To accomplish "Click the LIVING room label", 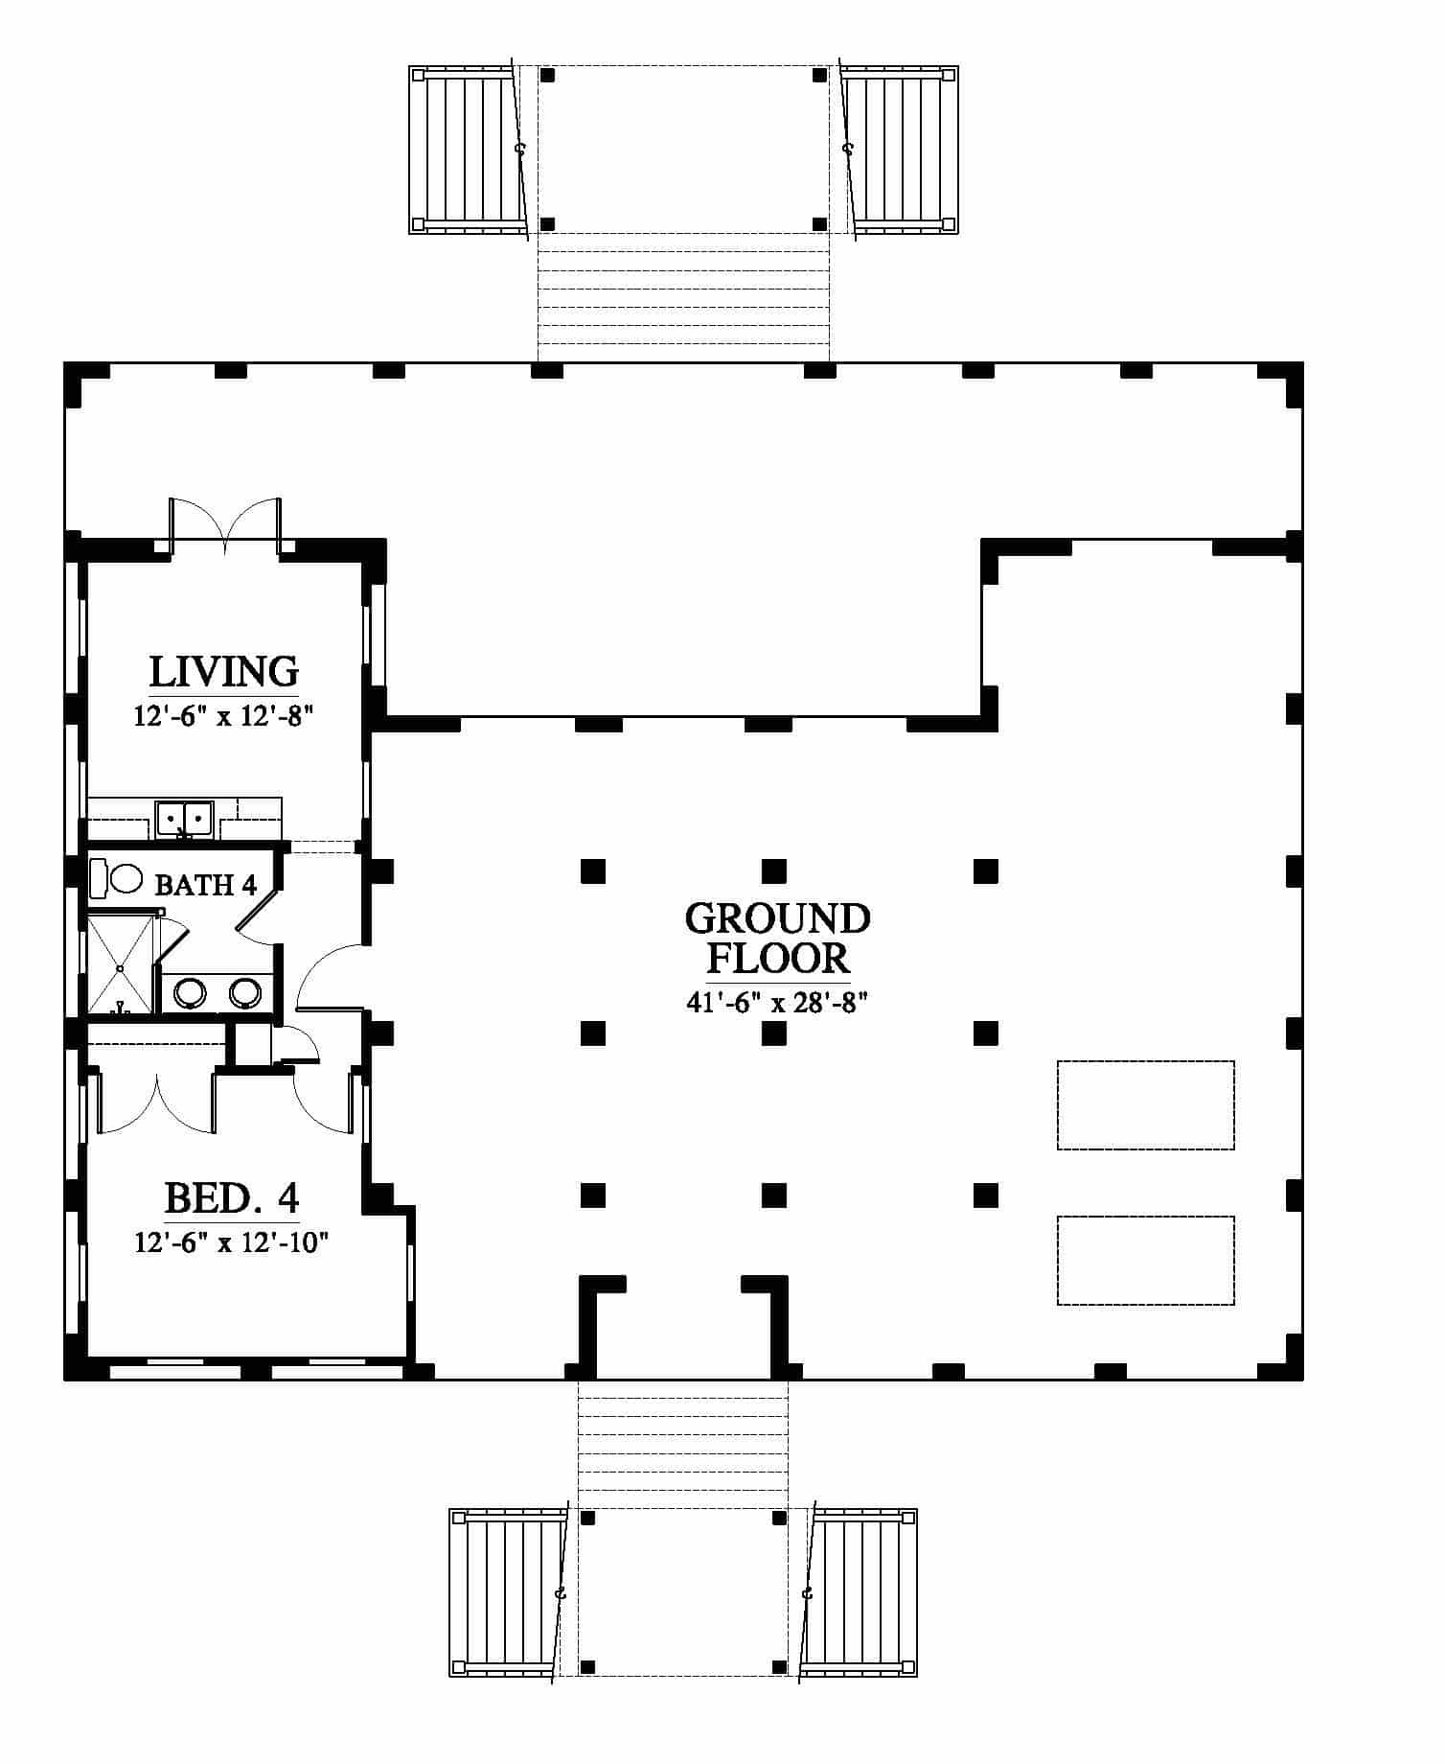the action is click(x=224, y=672).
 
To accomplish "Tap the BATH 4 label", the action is click(x=206, y=884).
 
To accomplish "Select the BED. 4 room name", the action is click(x=232, y=1198).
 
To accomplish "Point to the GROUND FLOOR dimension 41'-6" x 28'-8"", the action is click(x=777, y=1003).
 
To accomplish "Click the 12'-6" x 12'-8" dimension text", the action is click(x=224, y=716).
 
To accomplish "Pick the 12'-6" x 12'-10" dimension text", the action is click(x=231, y=1243).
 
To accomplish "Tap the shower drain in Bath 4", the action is click(x=121, y=969).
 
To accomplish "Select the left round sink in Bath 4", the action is click(x=190, y=993).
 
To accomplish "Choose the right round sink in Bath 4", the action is click(x=246, y=993).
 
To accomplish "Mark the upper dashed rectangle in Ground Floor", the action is click(x=1145, y=1104).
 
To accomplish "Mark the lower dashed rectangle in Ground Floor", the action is click(x=1145, y=1261).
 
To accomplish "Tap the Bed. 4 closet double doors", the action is click(x=156, y=1102).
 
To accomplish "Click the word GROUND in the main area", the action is click(x=777, y=918).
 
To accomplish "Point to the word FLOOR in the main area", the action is click(x=777, y=958).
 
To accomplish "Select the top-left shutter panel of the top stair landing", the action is click(x=469, y=150).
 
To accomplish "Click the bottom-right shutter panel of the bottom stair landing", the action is click(x=860, y=1591).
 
